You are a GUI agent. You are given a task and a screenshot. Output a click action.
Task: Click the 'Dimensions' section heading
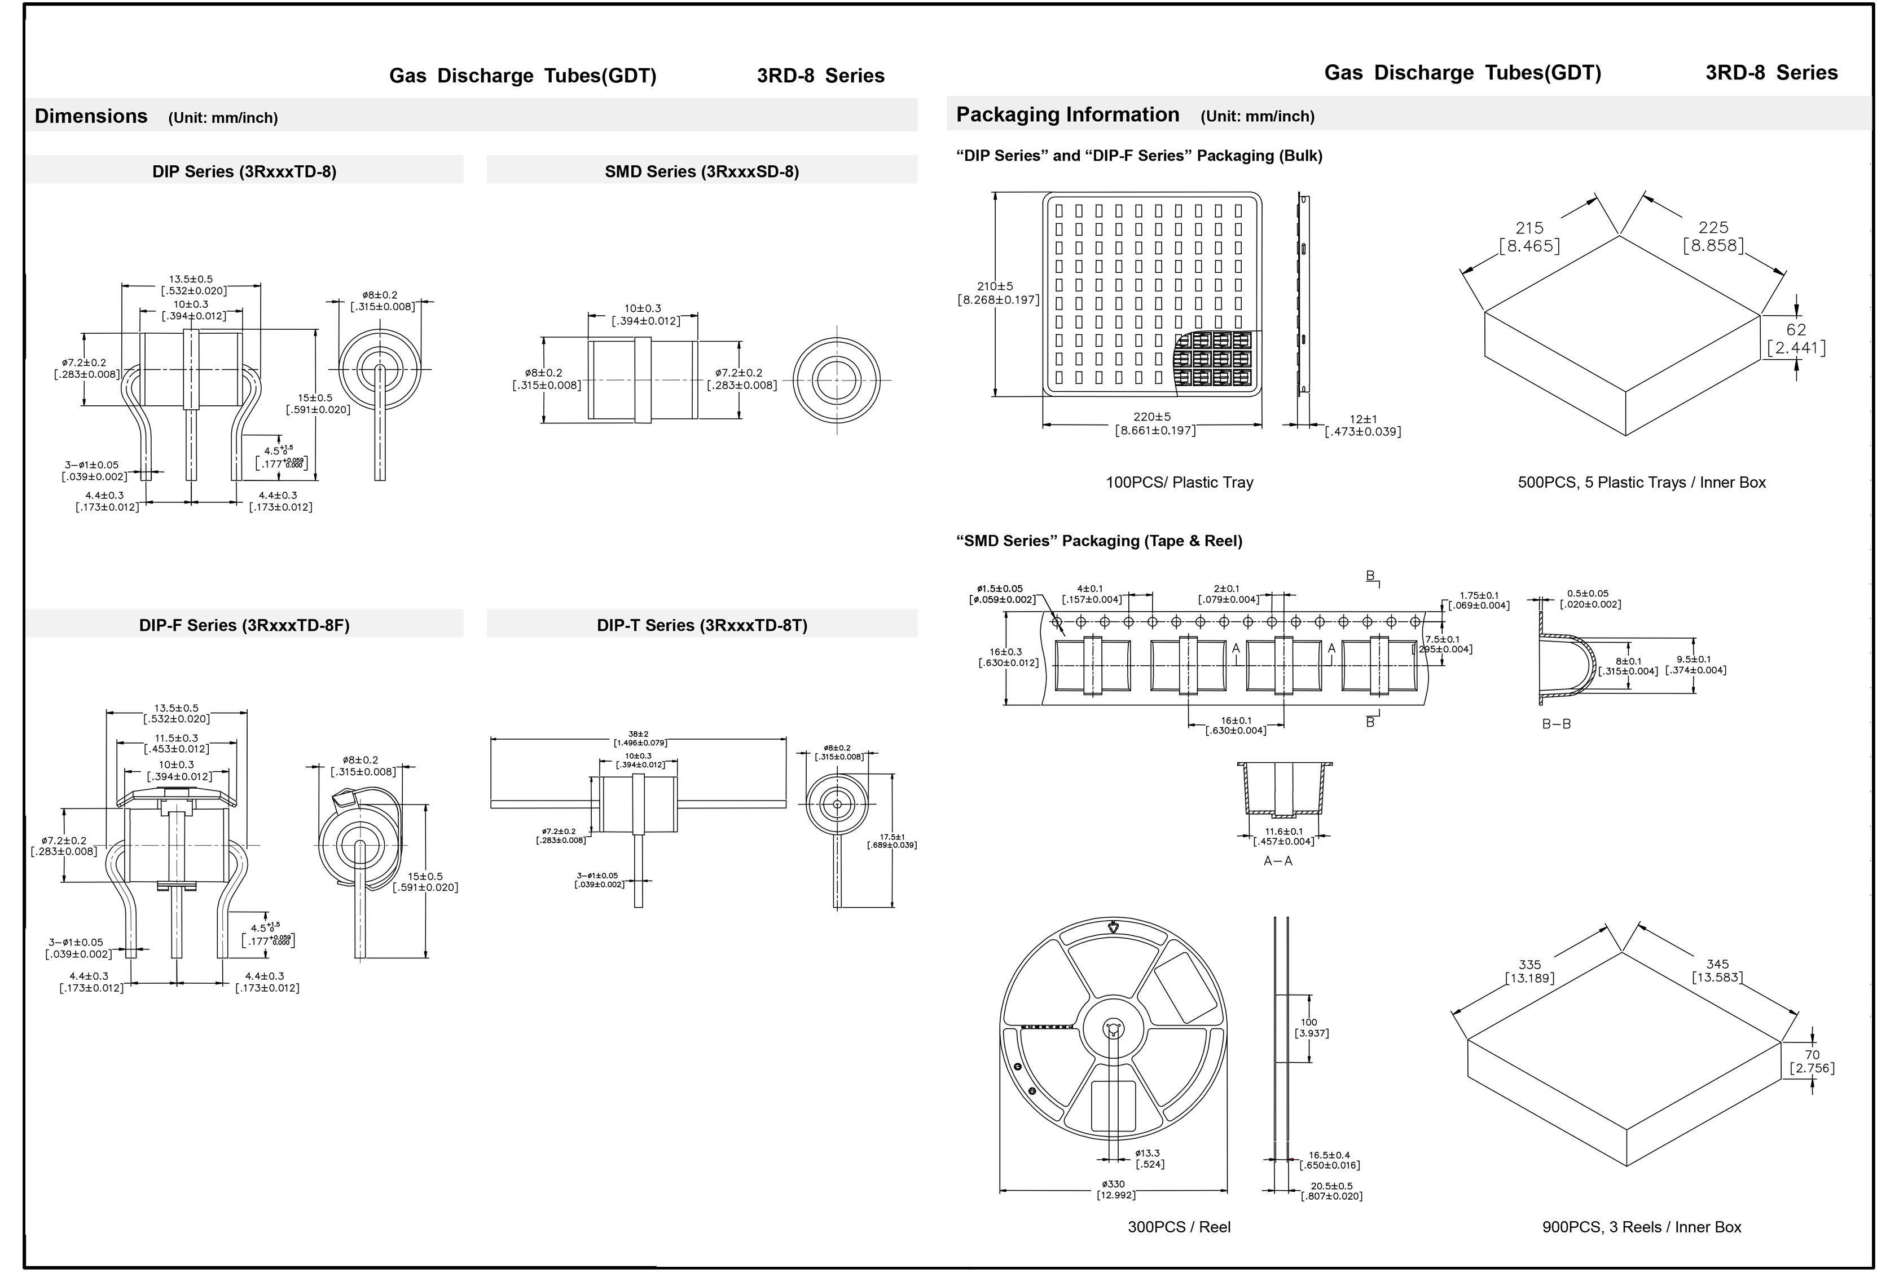tap(91, 116)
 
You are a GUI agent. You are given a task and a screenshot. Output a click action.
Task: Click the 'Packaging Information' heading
tap(1067, 114)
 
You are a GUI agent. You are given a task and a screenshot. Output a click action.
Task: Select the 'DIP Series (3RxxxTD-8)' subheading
tap(244, 171)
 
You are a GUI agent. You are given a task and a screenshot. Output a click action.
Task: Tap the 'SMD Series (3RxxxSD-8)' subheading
tap(702, 171)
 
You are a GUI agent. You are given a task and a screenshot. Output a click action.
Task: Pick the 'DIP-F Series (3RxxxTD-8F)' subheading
tap(244, 625)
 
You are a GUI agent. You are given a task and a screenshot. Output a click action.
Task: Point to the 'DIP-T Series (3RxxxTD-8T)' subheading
tap(702, 625)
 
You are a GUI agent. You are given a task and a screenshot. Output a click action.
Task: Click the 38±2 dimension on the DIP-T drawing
tap(639, 735)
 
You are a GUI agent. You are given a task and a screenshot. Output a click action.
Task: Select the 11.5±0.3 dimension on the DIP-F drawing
tap(176, 738)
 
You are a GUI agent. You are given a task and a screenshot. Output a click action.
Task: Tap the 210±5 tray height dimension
tap(995, 286)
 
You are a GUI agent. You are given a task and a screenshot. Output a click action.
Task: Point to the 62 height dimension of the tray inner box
tap(1796, 330)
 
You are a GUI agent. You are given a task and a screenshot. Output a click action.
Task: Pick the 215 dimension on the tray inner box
tap(1529, 228)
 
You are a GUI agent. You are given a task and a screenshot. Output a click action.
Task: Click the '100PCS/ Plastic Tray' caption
tap(1179, 482)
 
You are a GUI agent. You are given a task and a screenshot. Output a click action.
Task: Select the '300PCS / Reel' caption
tap(1179, 1227)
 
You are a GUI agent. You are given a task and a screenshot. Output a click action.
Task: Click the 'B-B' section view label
tap(1556, 723)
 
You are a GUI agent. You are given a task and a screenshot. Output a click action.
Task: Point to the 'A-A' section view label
tap(1278, 860)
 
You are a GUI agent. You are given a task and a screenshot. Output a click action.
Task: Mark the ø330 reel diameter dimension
tap(1113, 1184)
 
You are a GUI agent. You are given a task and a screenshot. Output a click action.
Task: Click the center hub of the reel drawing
tap(1113, 1030)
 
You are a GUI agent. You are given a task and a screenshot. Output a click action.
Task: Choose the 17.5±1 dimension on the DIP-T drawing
tap(892, 837)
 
